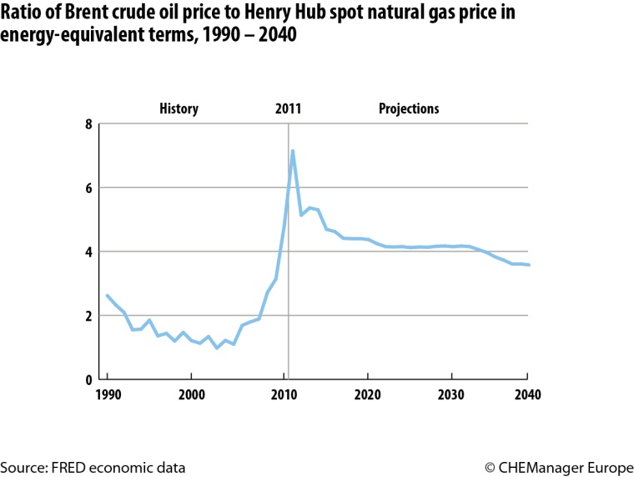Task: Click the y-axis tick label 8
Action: (88, 124)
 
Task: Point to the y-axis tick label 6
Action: (88, 189)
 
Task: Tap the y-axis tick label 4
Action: (88, 252)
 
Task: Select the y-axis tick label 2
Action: (88, 316)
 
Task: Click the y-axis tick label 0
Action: (88, 379)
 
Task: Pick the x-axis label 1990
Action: (107, 395)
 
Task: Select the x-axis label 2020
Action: (365, 395)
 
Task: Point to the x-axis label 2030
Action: (450, 395)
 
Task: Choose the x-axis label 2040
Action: (527, 395)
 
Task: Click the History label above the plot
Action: (179, 109)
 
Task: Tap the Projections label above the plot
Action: (409, 109)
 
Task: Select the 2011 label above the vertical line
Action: (288, 109)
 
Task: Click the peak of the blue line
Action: (293, 151)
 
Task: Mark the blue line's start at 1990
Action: (107, 295)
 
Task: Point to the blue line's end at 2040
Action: (529, 265)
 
